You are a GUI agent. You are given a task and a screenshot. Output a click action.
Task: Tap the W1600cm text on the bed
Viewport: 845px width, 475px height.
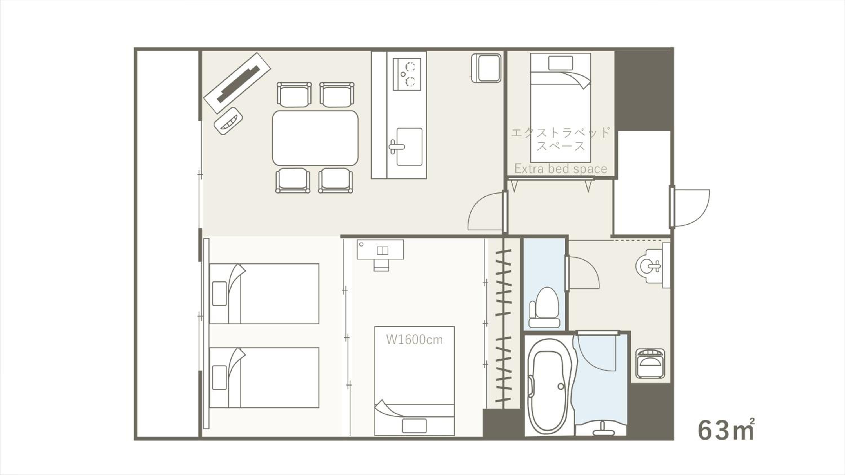pyautogui.click(x=414, y=340)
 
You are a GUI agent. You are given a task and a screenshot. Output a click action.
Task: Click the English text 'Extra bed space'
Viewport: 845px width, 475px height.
pyautogui.click(x=561, y=169)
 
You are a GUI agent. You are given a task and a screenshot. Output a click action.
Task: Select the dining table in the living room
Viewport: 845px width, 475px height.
pyautogui.click(x=315, y=138)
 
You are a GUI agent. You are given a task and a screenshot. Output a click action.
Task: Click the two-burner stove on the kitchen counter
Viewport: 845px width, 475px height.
pyautogui.click(x=407, y=74)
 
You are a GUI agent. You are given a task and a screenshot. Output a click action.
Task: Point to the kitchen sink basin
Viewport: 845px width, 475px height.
pyautogui.click(x=409, y=147)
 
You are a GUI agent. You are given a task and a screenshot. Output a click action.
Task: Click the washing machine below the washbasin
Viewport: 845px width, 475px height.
pyautogui.click(x=650, y=364)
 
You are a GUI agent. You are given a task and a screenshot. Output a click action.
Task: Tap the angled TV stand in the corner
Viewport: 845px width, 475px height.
pyautogui.click(x=237, y=83)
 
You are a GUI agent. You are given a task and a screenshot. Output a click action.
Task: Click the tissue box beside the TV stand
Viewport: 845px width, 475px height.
pyautogui.click(x=228, y=121)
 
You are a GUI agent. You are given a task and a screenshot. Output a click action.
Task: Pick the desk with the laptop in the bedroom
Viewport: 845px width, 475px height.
pyautogui.click(x=380, y=250)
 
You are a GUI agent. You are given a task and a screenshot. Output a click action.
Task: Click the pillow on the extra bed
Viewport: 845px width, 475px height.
pyautogui.click(x=561, y=63)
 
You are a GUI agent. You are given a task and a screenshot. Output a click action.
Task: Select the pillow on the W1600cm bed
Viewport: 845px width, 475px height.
pyautogui.click(x=414, y=426)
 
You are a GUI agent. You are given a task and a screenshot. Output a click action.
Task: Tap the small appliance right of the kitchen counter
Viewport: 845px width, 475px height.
pyautogui.click(x=486, y=68)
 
